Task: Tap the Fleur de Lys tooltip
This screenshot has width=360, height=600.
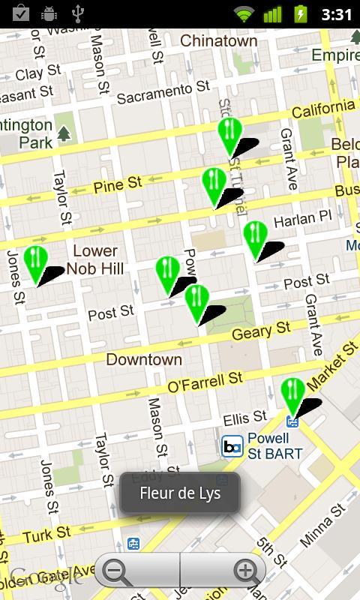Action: [180, 493]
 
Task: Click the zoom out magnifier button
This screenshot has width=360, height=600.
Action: [116, 571]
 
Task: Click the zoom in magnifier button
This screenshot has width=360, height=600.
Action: [245, 571]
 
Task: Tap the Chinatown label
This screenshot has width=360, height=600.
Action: [218, 41]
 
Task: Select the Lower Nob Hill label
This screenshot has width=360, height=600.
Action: [95, 259]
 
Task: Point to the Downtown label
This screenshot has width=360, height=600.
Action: [144, 359]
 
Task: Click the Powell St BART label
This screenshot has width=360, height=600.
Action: [274, 446]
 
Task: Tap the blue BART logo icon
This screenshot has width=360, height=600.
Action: [232, 447]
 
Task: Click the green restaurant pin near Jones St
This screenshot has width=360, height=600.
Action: [35, 262]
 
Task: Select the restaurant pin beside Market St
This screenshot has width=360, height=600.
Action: [292, 394]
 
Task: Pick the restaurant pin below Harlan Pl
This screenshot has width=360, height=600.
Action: [255, 238]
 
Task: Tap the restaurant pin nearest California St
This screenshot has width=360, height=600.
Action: [229, 134]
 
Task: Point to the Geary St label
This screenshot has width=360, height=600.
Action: [261, 330]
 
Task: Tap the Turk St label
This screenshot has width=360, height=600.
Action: [46, 535]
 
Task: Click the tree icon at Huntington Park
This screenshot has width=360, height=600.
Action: [64, 133]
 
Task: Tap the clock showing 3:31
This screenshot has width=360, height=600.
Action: [335, 13]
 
